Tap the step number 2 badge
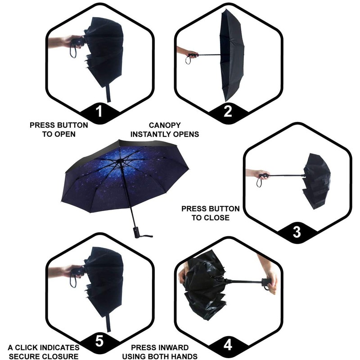click(228, 111)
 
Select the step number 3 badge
click(297, 232)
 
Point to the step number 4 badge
click(228, 344)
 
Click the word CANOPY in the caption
click(164, 125)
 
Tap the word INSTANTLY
click(150, 134)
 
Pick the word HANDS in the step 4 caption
click(184, 357)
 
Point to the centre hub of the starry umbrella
click(119, 161)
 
